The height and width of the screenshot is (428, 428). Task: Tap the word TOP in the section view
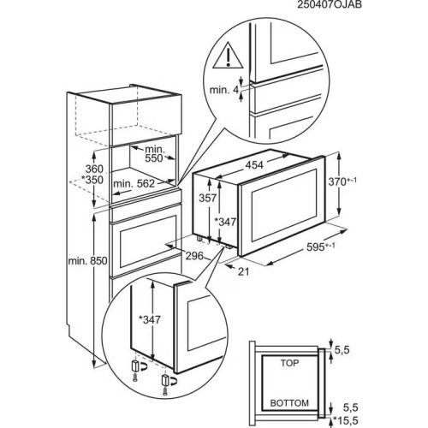tap(293, 363)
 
